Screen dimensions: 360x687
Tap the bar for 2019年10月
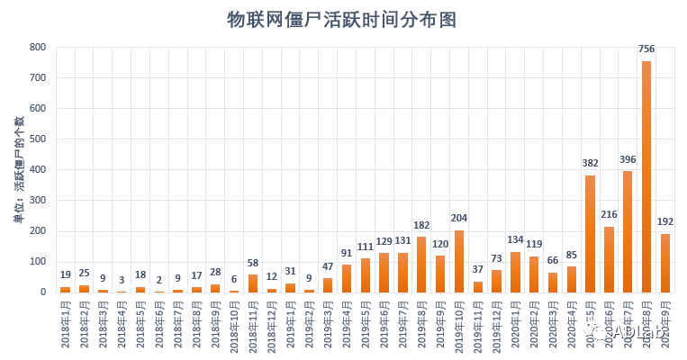459,262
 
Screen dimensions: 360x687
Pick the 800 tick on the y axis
38,47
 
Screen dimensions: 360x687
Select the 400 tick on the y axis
38,170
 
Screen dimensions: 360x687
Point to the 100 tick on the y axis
38,262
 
